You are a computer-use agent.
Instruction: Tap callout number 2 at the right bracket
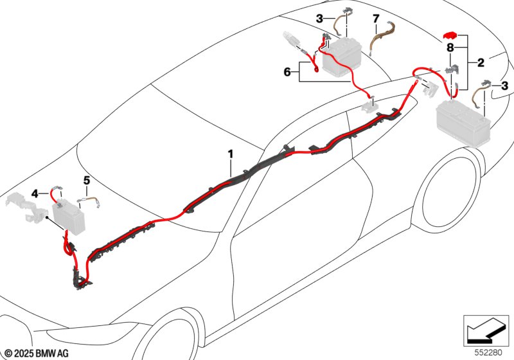[480, 62]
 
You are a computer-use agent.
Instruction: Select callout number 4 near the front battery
[35, 192]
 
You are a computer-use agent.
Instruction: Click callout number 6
[287, 73]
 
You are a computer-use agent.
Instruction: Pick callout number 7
[377, 20]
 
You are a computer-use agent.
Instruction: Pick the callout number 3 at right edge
[505, 85]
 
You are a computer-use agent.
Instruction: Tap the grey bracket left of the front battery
[26, 206]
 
